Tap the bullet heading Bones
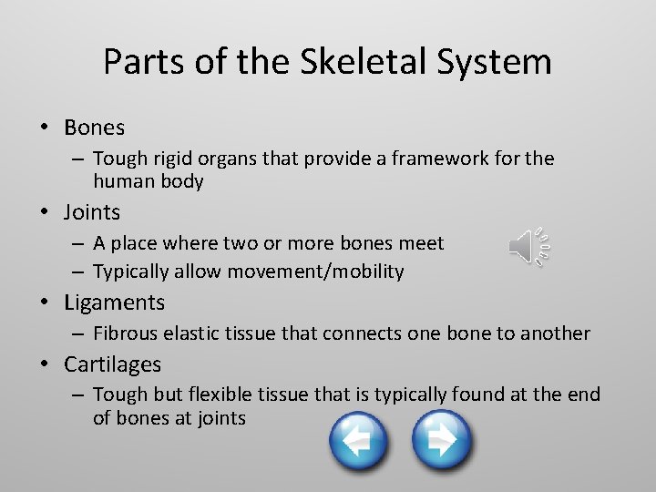coord(94,127)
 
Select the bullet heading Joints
coord(92,212)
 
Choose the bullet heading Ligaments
coord(114,302)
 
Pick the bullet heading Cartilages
coord(112,364)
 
